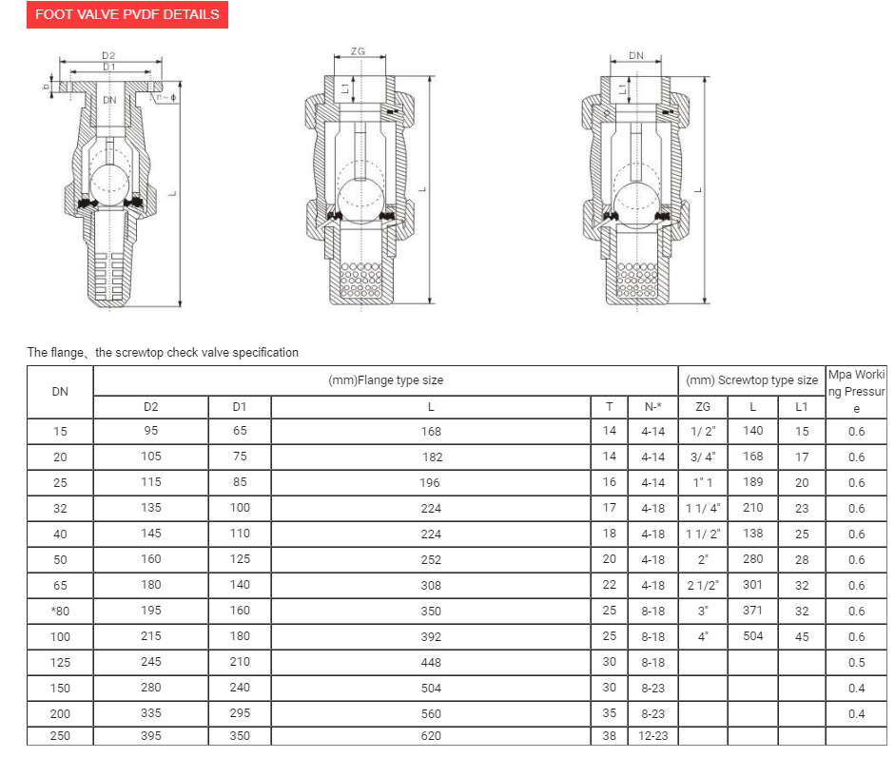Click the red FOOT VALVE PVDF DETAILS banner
click(126, 14)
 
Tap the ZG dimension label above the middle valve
click(359, 51)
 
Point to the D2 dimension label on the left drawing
click(109, 56)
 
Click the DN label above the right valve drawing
click(636, 56)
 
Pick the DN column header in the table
click(60, 392)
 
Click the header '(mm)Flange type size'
click(385, 380)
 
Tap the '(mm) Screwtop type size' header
click(751, 380)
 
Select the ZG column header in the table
click(703, 406)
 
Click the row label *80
click(60, 612)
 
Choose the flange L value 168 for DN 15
click(431, 432)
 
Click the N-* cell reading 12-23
click(652, 736)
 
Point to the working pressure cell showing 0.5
click(857, 663)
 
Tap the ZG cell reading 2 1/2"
click(703, 585)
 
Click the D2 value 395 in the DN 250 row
click(151, 736)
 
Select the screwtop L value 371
click(752, 611)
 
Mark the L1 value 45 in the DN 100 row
click(802, 636)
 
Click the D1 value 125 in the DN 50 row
click(240, 559)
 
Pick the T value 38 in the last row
click(610, 736)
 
